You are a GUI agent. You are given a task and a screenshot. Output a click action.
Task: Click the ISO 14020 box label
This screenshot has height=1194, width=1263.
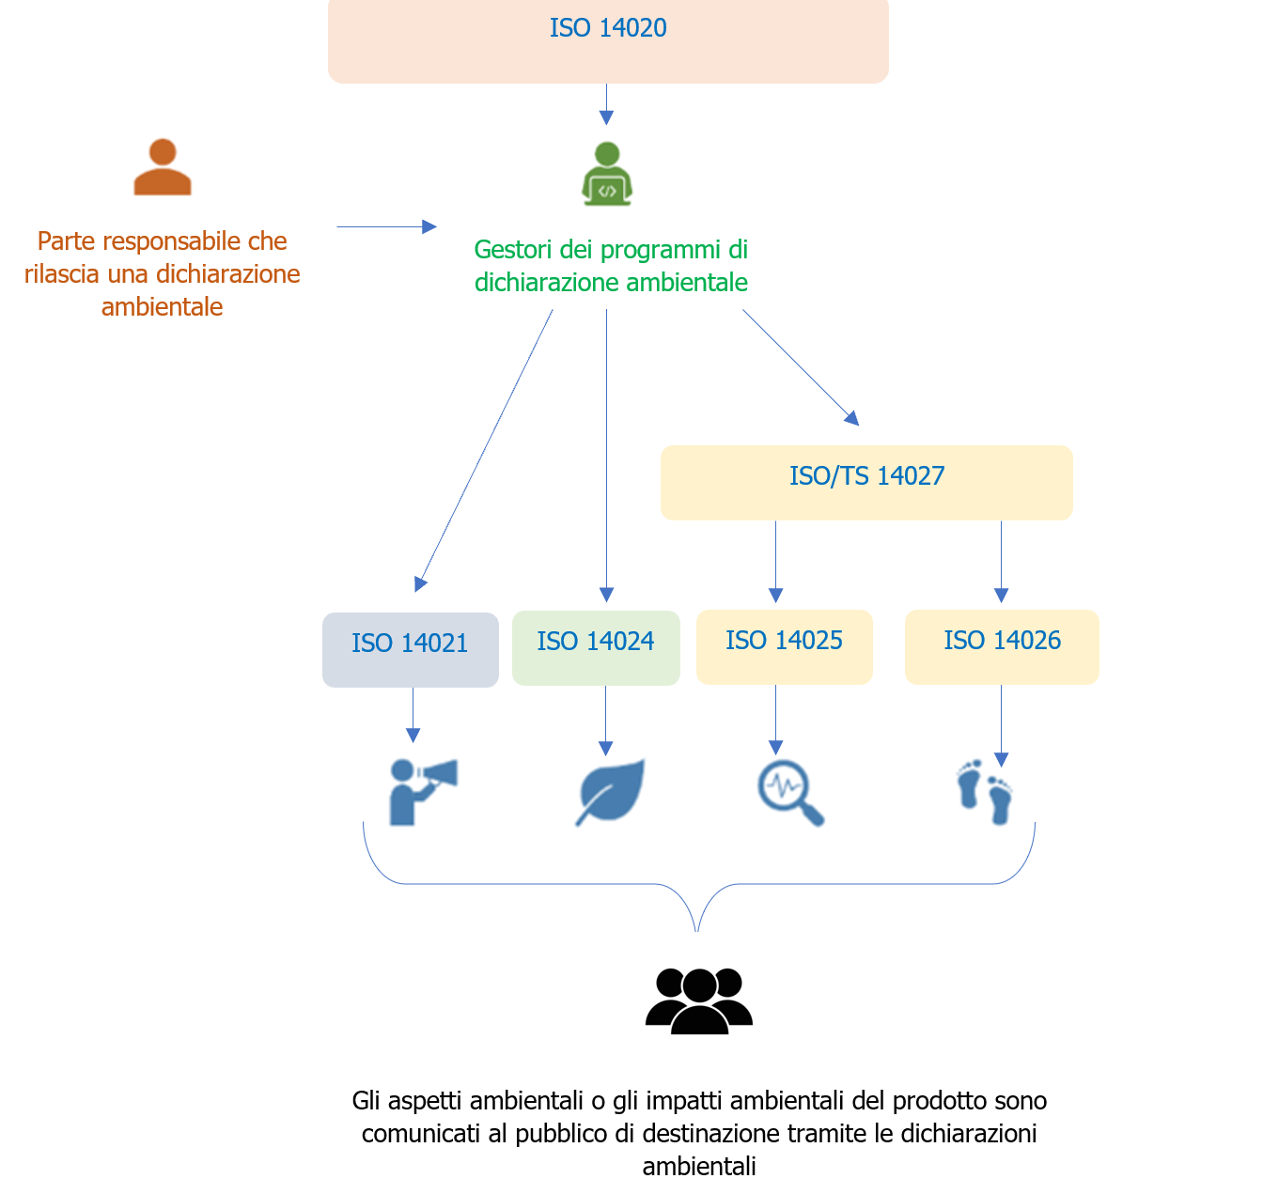(607, 27)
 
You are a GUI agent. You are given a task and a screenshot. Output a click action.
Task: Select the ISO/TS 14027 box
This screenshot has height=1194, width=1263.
(866, 482)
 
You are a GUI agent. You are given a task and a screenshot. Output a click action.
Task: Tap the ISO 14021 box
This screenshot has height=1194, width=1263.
(410, 649)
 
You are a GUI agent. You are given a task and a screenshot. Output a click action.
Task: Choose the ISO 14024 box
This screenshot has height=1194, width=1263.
(596, 647)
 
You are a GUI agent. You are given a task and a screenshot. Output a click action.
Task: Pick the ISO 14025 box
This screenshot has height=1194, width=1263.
(784, 646)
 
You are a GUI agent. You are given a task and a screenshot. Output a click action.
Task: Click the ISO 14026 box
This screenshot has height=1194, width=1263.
(1002, 646)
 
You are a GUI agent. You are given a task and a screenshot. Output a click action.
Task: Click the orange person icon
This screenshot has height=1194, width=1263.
(163, 166)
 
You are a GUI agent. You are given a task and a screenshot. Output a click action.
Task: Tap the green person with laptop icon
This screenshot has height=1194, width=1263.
(606, 174)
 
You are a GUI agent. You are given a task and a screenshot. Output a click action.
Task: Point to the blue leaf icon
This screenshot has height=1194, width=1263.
(610, 792)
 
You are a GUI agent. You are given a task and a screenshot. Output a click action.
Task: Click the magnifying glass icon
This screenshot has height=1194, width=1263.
(790, 793)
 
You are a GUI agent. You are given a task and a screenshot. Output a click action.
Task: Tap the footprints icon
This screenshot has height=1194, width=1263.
(984, 791)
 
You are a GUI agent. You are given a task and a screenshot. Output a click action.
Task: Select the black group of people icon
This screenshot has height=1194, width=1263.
(698, 1000)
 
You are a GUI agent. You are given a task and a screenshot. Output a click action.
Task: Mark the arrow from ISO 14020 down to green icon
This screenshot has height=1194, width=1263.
(606, 104)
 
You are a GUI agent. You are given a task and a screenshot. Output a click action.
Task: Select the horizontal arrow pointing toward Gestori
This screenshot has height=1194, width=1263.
(387, 226)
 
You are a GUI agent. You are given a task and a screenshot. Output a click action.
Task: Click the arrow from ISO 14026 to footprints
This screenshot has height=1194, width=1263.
(1001, 726)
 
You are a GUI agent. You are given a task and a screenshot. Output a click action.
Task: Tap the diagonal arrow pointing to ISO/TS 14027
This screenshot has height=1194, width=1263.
(801, 367)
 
